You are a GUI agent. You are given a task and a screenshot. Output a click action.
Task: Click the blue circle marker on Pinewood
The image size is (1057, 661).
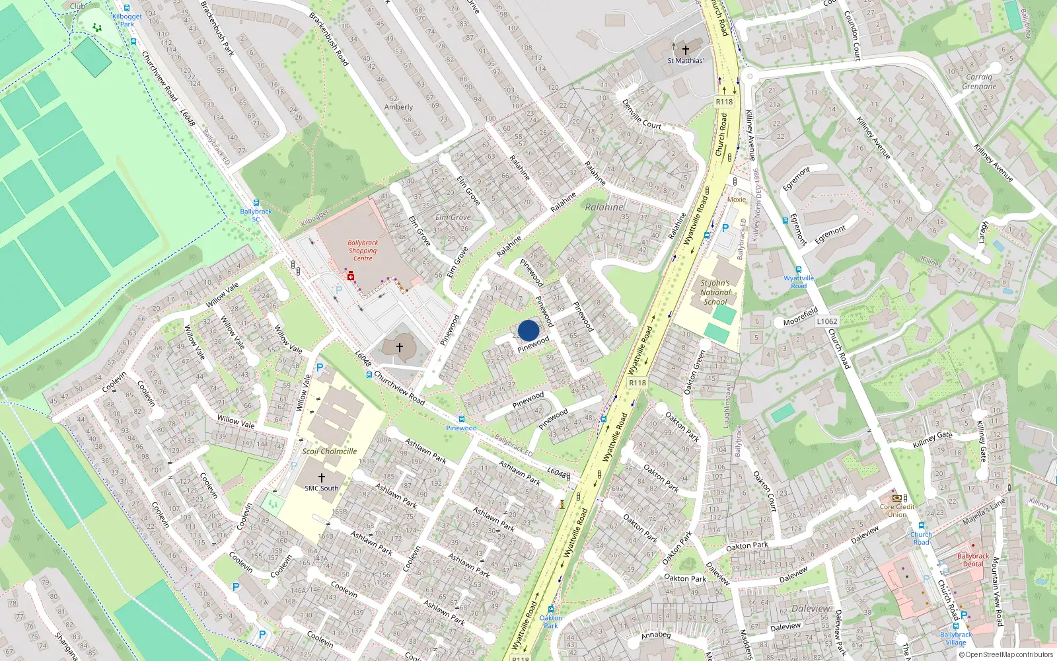tap(528, 330)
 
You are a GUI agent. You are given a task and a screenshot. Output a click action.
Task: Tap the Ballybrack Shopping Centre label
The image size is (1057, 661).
tap(363, 251)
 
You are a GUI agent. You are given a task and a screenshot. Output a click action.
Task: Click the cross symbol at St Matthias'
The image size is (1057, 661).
tap(686, 50)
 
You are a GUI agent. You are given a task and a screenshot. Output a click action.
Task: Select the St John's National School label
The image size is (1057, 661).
tap(715, 292)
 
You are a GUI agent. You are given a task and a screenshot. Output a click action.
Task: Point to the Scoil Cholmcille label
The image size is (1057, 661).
tap(329, 451)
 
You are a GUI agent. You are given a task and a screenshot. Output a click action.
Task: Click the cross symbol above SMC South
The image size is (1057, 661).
tap(322, 477)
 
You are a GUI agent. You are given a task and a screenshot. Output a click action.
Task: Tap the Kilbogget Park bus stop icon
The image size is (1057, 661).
tap(127, 8)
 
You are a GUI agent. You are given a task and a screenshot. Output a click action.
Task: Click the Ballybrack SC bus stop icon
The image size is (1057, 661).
tap(256, 203)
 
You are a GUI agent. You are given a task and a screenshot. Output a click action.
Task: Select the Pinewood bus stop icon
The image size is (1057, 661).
tap(461, 419)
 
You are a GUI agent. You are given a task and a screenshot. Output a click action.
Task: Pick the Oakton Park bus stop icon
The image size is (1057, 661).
tap(551, 609)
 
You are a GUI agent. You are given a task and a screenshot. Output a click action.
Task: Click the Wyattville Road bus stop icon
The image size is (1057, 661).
tap(799, 270)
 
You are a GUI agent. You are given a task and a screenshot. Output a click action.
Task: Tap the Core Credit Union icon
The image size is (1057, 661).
tap(896, 498)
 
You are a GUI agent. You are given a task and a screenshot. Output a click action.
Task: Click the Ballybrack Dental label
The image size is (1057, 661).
tap(973, 560)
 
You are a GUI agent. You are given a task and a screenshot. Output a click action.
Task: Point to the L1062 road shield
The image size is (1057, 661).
tap(826, 321)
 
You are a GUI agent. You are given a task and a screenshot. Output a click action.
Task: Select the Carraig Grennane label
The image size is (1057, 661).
tap(979, 81)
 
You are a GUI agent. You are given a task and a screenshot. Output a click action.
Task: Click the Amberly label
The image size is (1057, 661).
tap(398, 106)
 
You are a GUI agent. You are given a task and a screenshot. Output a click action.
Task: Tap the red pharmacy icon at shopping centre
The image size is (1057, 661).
tap(350, 276)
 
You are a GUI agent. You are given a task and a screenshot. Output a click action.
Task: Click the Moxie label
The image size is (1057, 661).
tap(736, 200)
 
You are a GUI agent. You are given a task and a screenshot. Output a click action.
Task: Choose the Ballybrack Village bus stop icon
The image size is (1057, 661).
tap(955, 626)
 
